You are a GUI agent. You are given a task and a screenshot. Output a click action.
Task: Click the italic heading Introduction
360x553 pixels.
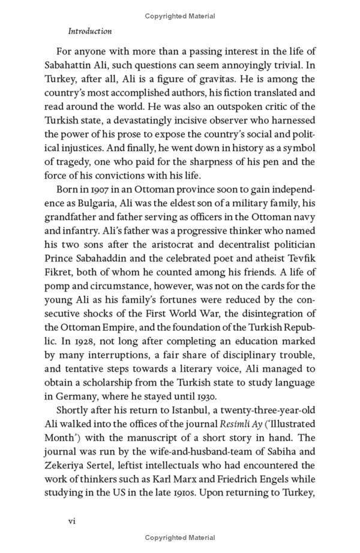pyautogui.click(x=90, y=31)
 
